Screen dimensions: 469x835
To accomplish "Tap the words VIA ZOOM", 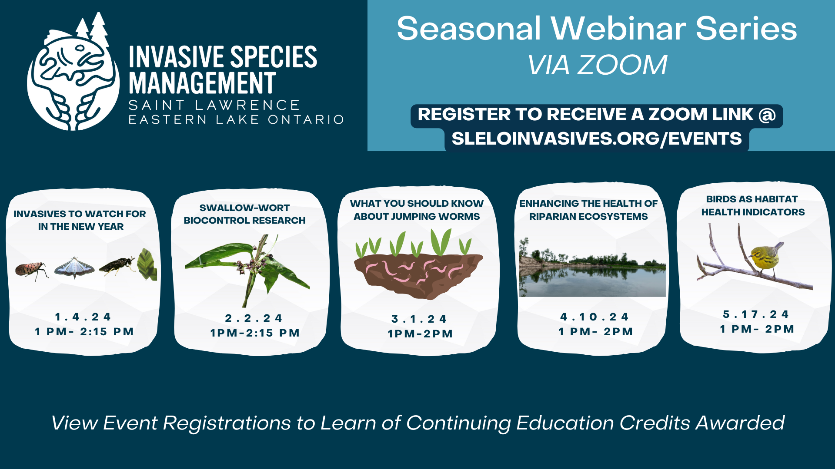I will point(597,65).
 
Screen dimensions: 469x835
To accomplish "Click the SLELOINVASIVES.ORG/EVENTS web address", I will point(596,139).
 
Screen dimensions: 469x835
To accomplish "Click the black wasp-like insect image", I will point(117,266).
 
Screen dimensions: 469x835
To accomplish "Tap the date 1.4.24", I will point(83,317).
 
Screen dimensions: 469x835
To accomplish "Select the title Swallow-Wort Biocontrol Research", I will point(244,214).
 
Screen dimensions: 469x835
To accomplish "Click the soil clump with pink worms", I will point(417,276).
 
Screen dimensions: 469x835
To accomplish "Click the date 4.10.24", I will point(595,317).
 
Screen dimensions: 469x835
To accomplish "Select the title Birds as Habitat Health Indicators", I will point(752,205).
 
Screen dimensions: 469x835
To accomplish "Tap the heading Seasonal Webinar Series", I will point(597,29).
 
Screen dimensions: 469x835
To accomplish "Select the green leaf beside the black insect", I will point(147,264).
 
